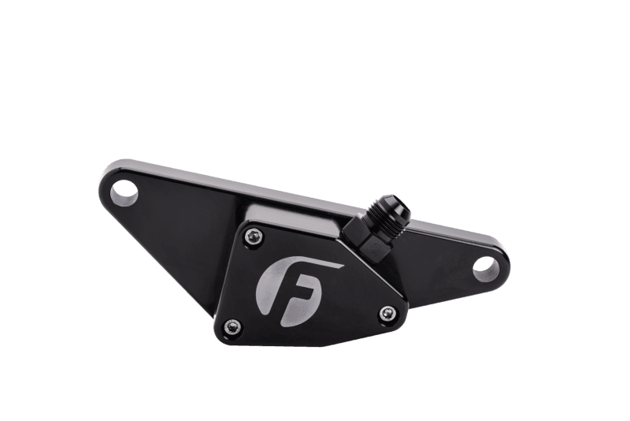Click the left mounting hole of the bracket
point(124,193)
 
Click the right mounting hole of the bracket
point(486,269)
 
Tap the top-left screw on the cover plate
point(254,237)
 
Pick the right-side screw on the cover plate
point(387,313)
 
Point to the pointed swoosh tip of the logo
point(343,266)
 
